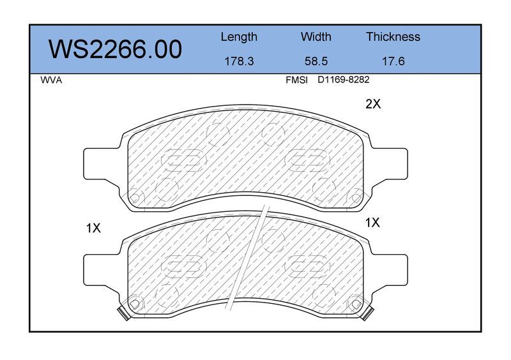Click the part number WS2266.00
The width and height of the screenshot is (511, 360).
pyautogui.click(x=115, y=49)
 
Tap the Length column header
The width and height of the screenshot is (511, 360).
pyautogui.click(x=239, y=37)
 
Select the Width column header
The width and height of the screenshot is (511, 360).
pyautogui.click(x=316, y=36)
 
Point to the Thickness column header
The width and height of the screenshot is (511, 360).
pyautogui.click(x=393, y=36)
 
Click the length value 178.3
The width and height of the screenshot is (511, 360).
pyautogui.click(x=239, y=61)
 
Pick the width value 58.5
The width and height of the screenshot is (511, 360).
pyautogui.click(x=316, y=61)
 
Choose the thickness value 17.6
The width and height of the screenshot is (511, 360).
pyautogui.click(x=393, y=61)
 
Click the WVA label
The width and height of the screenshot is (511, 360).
pyautogui.click(x=51, y=80)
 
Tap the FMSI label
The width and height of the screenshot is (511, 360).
pyautogui.click(x=296, y=80)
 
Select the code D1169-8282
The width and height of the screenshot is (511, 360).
pyautogui.click(x=344, y=80)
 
